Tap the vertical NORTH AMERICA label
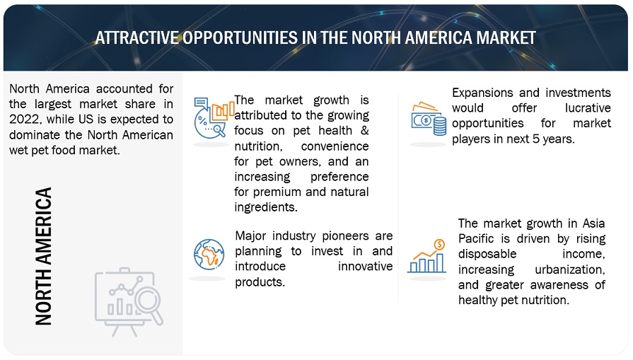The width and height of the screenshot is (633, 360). [44, 256]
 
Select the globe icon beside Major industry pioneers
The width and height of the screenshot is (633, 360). [209, 254]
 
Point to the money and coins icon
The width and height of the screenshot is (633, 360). [429, 119]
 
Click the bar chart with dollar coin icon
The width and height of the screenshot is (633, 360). [426, 256]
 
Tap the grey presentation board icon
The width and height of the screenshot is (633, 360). [129, 302]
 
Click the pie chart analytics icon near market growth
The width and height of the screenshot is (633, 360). [214, 118]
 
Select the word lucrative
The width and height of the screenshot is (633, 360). [588, 108]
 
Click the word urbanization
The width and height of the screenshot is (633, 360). [570, 269]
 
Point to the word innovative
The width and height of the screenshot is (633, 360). [366, 267]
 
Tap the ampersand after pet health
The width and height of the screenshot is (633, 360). [364, 131]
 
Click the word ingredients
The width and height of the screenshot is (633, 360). [266, 207]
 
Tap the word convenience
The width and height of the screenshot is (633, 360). [335, 146]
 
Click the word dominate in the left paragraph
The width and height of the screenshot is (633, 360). [35, 135]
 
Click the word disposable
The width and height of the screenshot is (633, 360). [487, 254]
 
